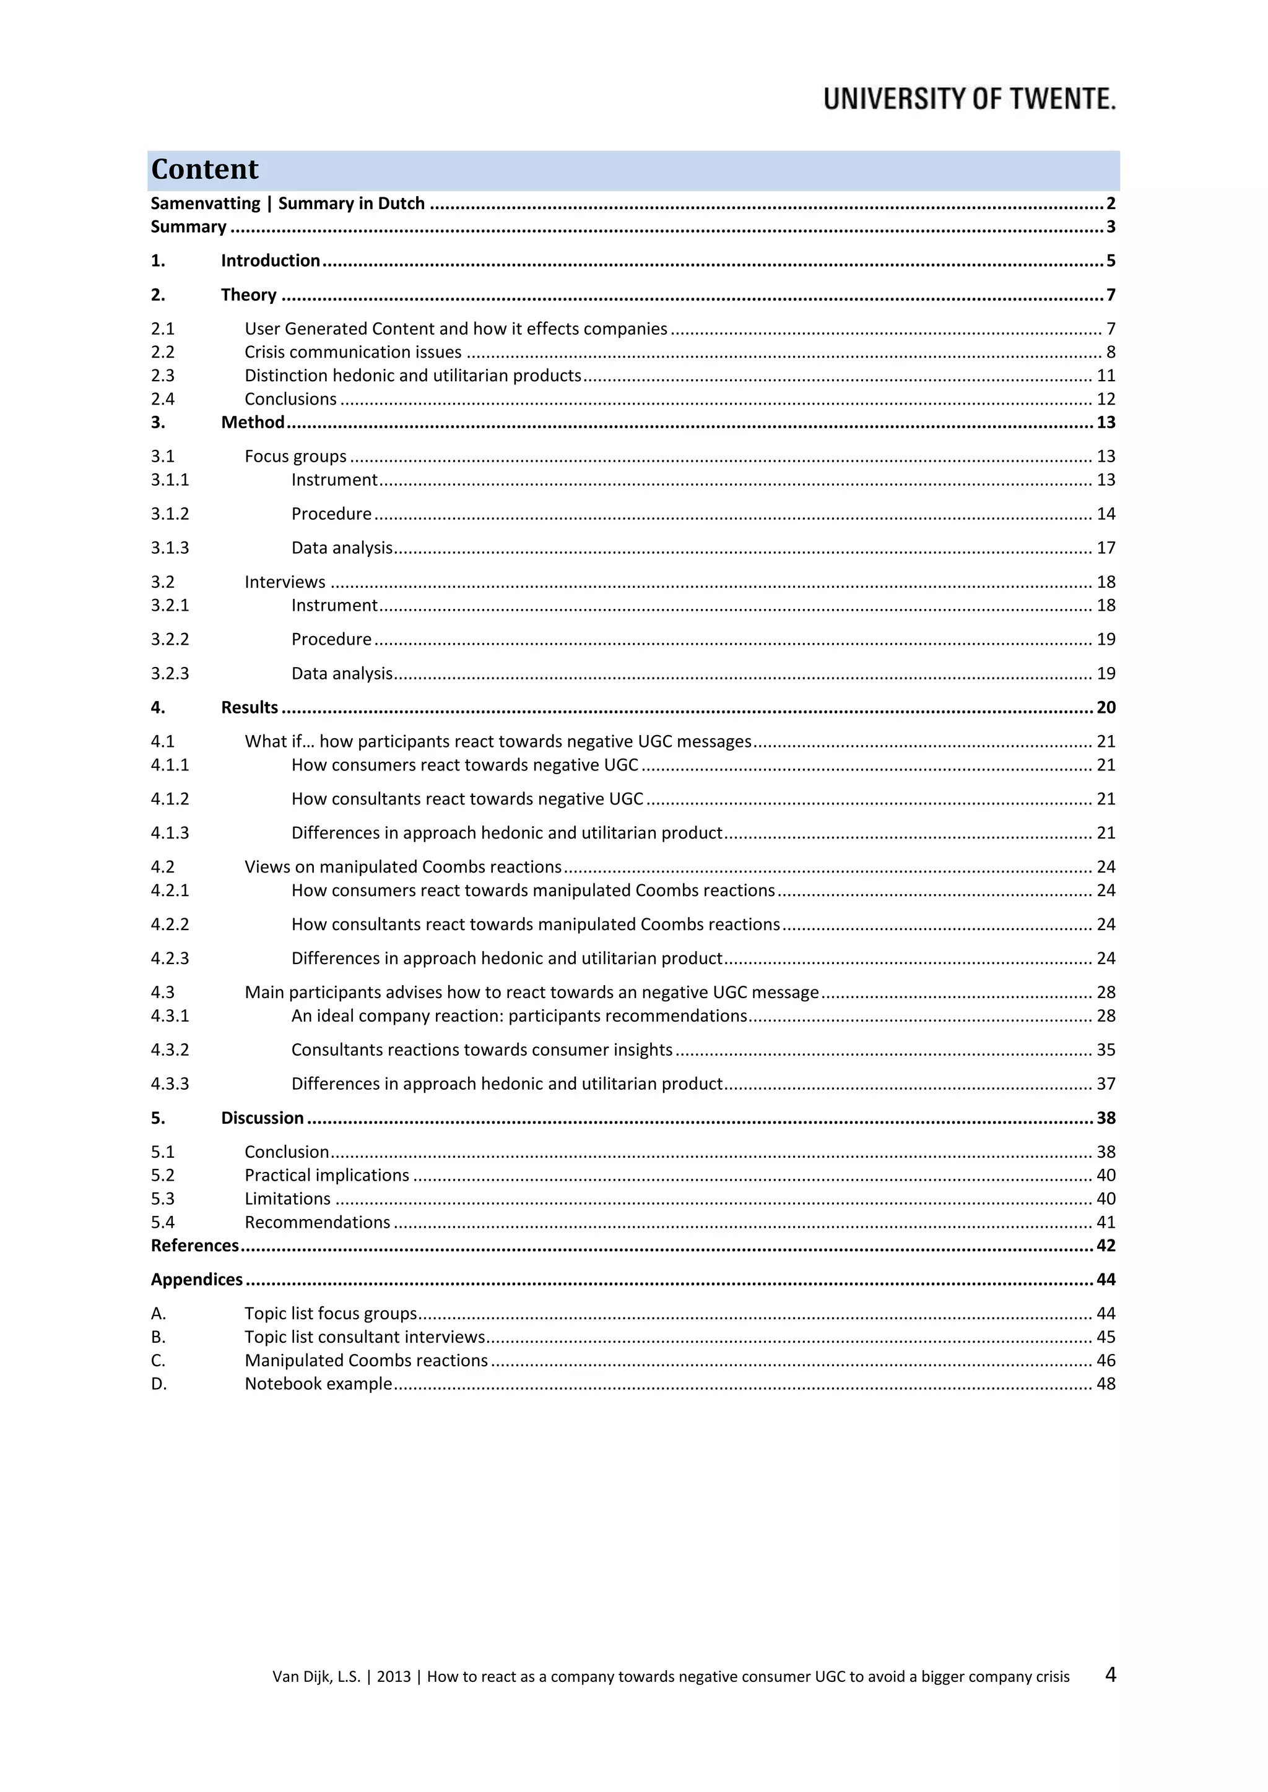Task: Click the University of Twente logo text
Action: click(x=969, y=99)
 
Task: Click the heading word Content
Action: click(x=204, y=170)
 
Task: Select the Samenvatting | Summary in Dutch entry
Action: click(x=287, y=204)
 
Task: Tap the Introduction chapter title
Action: click(x=270, y=261)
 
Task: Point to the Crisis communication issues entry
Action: click(x=353, y=352)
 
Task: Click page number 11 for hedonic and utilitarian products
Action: click(x=1106, y=376)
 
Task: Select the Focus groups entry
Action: click(x=295, y=457)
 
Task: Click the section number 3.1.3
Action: click(x=170, y=548)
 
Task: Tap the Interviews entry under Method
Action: click(x=285, y=582)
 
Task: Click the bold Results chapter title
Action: click(x=249, y=708)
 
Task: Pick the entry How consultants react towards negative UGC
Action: click(x=467, y=799)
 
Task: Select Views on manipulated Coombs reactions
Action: click(x=403, y=867)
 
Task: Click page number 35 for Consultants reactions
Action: click(x=1106, y=1049)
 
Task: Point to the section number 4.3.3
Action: click(x=170, y=1084)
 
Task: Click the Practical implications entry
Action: click(x=326, y=1176)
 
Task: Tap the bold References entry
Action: click(x=194, y=1246)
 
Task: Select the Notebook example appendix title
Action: click(x=318, y=1384)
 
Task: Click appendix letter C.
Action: click(x=158, y=1360)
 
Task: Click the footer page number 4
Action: click(x=1110, y=1674)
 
